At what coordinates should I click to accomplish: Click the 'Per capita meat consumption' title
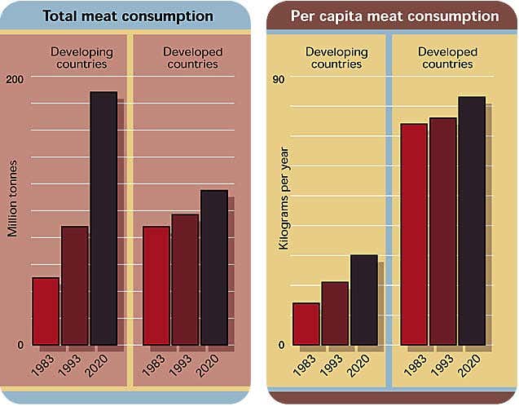point(395,16)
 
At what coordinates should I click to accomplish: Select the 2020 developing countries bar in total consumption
point(103,218)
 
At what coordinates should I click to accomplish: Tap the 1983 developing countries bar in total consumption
point(46,311)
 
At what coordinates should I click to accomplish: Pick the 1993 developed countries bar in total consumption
point(185,280)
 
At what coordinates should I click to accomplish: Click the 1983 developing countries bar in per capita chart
point(306,324)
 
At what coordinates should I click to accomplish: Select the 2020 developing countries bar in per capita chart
point(363,300)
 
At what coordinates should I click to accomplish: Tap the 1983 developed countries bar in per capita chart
point(414,234)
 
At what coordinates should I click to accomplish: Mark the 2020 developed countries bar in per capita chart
point(472,221)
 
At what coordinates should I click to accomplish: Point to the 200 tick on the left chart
point(15,77)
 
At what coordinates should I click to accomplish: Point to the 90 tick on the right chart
point(279,78)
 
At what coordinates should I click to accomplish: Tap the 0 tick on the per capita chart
point(281,345)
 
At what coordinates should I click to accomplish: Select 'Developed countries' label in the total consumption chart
point(192,58)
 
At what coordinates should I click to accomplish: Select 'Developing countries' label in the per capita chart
point(336,58)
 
